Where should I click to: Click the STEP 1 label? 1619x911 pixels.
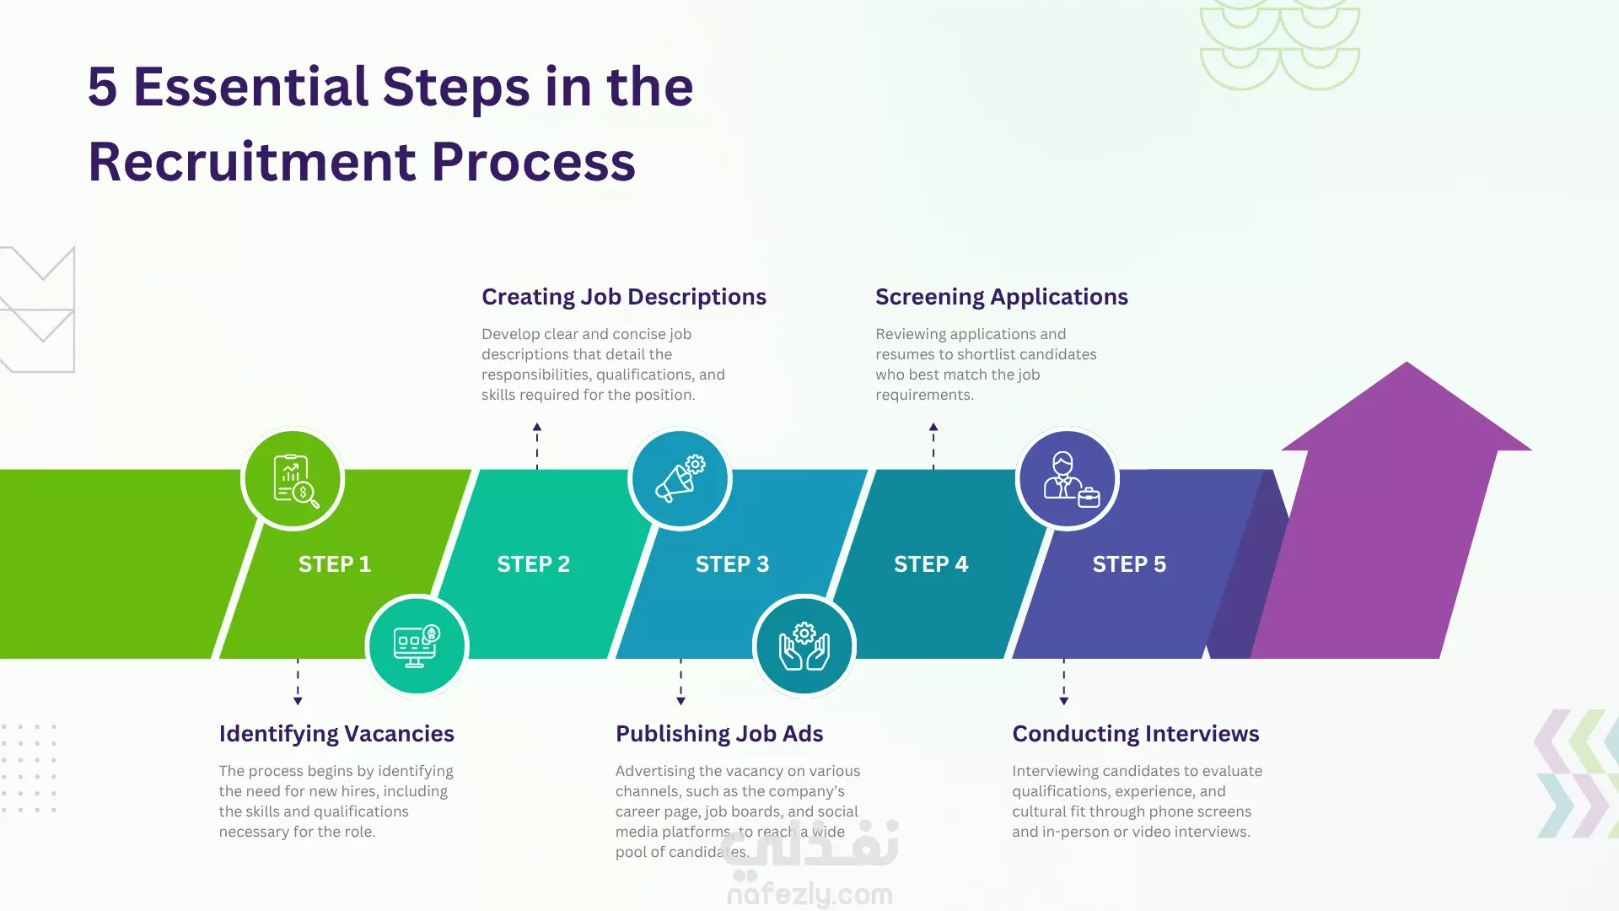335,564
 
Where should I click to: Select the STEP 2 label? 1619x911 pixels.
534,564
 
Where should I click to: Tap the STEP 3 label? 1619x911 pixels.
732,564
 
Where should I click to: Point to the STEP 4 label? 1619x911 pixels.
931,564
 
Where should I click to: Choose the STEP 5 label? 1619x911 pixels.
1129,564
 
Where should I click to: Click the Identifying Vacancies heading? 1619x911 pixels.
336,734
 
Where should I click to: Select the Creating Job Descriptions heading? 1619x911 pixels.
624,297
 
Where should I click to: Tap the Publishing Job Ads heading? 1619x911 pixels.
719,734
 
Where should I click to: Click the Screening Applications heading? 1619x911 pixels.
1002,297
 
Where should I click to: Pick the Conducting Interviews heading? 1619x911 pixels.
1136,734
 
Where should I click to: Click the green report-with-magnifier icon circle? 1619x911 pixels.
293,479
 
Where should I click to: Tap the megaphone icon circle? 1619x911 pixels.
680,479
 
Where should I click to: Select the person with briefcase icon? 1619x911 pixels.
1068,479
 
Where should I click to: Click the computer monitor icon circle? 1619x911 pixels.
417,646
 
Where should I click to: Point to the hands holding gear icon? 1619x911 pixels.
804,646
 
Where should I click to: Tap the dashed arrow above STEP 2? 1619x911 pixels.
537,445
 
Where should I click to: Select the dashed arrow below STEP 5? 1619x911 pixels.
1064,682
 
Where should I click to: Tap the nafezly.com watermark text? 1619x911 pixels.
809,894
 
